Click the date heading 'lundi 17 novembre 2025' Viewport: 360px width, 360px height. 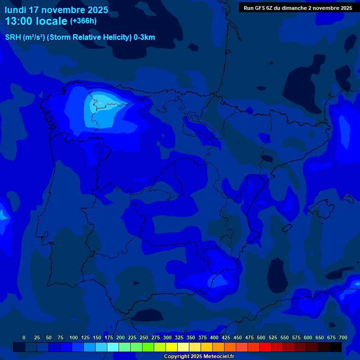coord(56,10)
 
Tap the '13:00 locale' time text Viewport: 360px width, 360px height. coord(36,21)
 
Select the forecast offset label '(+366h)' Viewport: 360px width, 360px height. coord(83,21)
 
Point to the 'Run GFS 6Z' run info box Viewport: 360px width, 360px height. coord(298,8)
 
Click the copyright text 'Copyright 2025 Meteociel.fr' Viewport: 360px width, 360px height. coord(199,357)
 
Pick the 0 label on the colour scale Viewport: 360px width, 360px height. coord(24,337)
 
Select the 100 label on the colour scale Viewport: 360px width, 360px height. coord(74,337)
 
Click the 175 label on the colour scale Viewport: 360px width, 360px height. coord(109,337)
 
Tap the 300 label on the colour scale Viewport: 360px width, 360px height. coord(167,337)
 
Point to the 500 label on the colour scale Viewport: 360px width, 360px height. coord(261,337)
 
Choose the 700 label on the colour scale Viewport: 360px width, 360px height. coord(343,337)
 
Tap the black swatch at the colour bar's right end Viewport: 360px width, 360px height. coord(336,347)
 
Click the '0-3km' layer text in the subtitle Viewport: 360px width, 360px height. coord(144,37)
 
